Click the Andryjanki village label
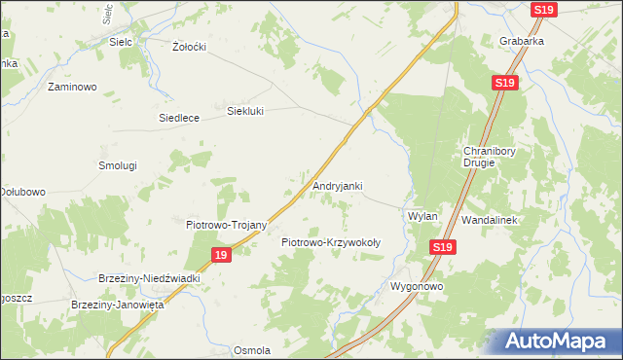(x=338, y=185)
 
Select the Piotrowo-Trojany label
(x=226, y=224)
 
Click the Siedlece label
(x=179, y=118)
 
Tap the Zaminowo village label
(x=72, y=87)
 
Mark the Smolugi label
(x=117, y=165)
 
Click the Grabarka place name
(x=522, y=42)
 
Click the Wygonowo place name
(x=417, y=287)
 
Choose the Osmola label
(x=251, y=350)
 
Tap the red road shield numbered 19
(x=221, y=255)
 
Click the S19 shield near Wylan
(x=443, y=247)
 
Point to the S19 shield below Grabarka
(x=503, y=85)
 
